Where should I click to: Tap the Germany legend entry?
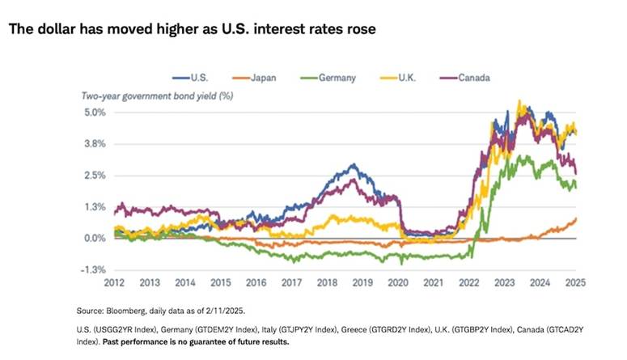point(337,78)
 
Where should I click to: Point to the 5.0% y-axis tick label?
point(94,112)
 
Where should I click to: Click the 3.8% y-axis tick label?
point(94,144)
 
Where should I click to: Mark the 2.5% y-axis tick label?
point(94,176)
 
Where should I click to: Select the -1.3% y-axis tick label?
point(92,270)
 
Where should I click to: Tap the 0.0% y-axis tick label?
point(94,239)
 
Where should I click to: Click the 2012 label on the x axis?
point(113,284)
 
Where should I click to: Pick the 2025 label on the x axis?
point(574,284)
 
